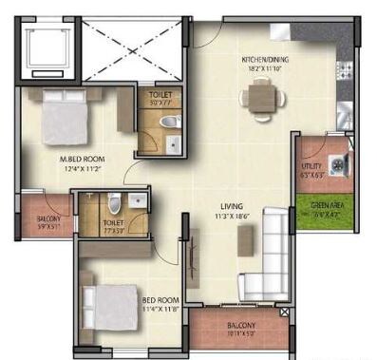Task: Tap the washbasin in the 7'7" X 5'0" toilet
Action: point(138,200)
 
